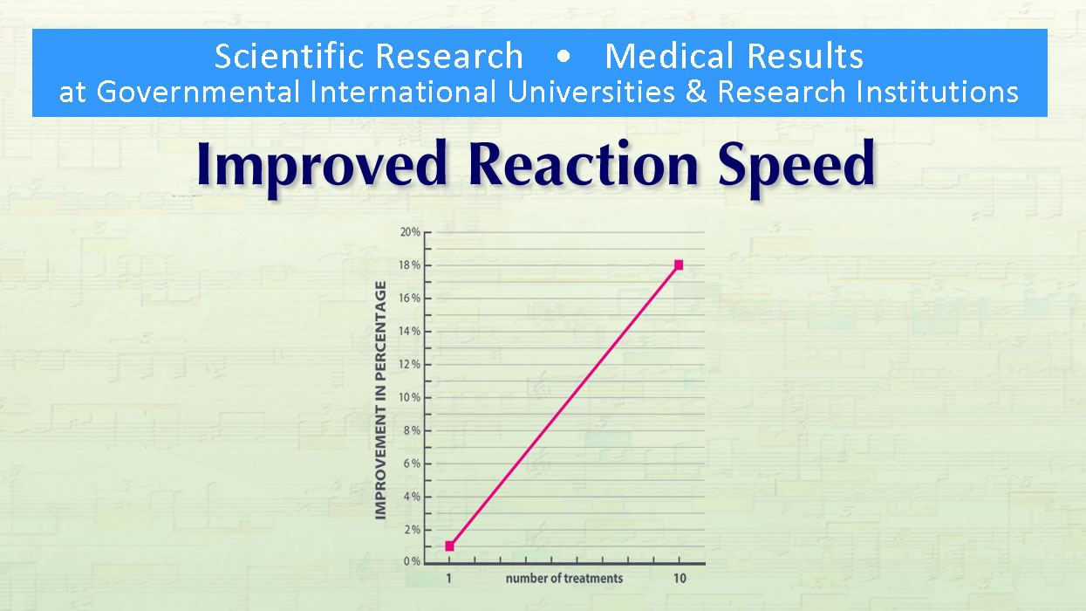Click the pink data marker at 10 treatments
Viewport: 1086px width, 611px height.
[x=679, y=264]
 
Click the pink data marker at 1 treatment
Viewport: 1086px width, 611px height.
[x=449, y=546]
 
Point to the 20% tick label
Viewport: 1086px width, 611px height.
[x=410, y=232]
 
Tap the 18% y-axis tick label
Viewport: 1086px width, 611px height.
[x=410, y=265]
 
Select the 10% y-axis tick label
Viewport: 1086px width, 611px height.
[x=410, y=397]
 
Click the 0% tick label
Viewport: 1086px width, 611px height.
[x=413, y=562]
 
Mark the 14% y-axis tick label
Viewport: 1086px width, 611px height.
[x=410, y=332]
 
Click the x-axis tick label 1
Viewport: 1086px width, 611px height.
[x=449, y=578]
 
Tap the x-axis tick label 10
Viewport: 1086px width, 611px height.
[x=679, y=578]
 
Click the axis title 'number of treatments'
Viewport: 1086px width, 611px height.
[x=563, y=578]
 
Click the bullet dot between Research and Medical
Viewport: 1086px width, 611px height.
[x=563, y=57]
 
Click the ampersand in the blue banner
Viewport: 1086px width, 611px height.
[x=696, y=92]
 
